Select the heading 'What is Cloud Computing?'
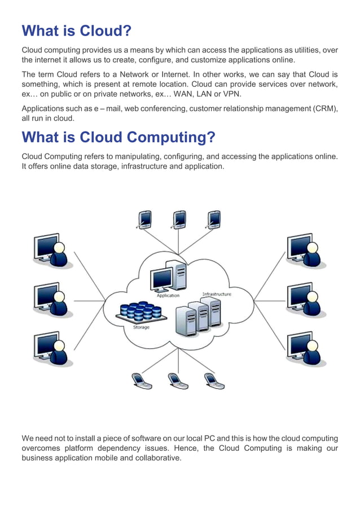(118, 137)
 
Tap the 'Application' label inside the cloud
(168, 295)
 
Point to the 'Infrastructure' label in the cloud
(216, 294)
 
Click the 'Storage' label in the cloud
(141, 327)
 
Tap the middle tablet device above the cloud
(179, 218)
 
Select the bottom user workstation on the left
(50, 348)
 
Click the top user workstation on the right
(304, 250)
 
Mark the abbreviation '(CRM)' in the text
(325, 109)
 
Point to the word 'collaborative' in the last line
(156, 458)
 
